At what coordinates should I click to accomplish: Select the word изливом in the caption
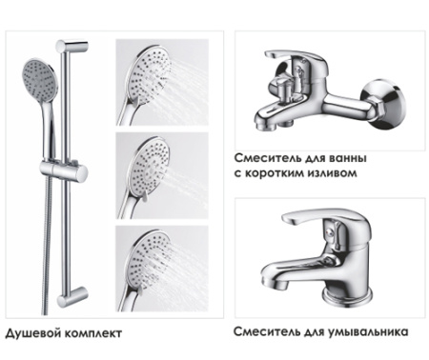[336, 173]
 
